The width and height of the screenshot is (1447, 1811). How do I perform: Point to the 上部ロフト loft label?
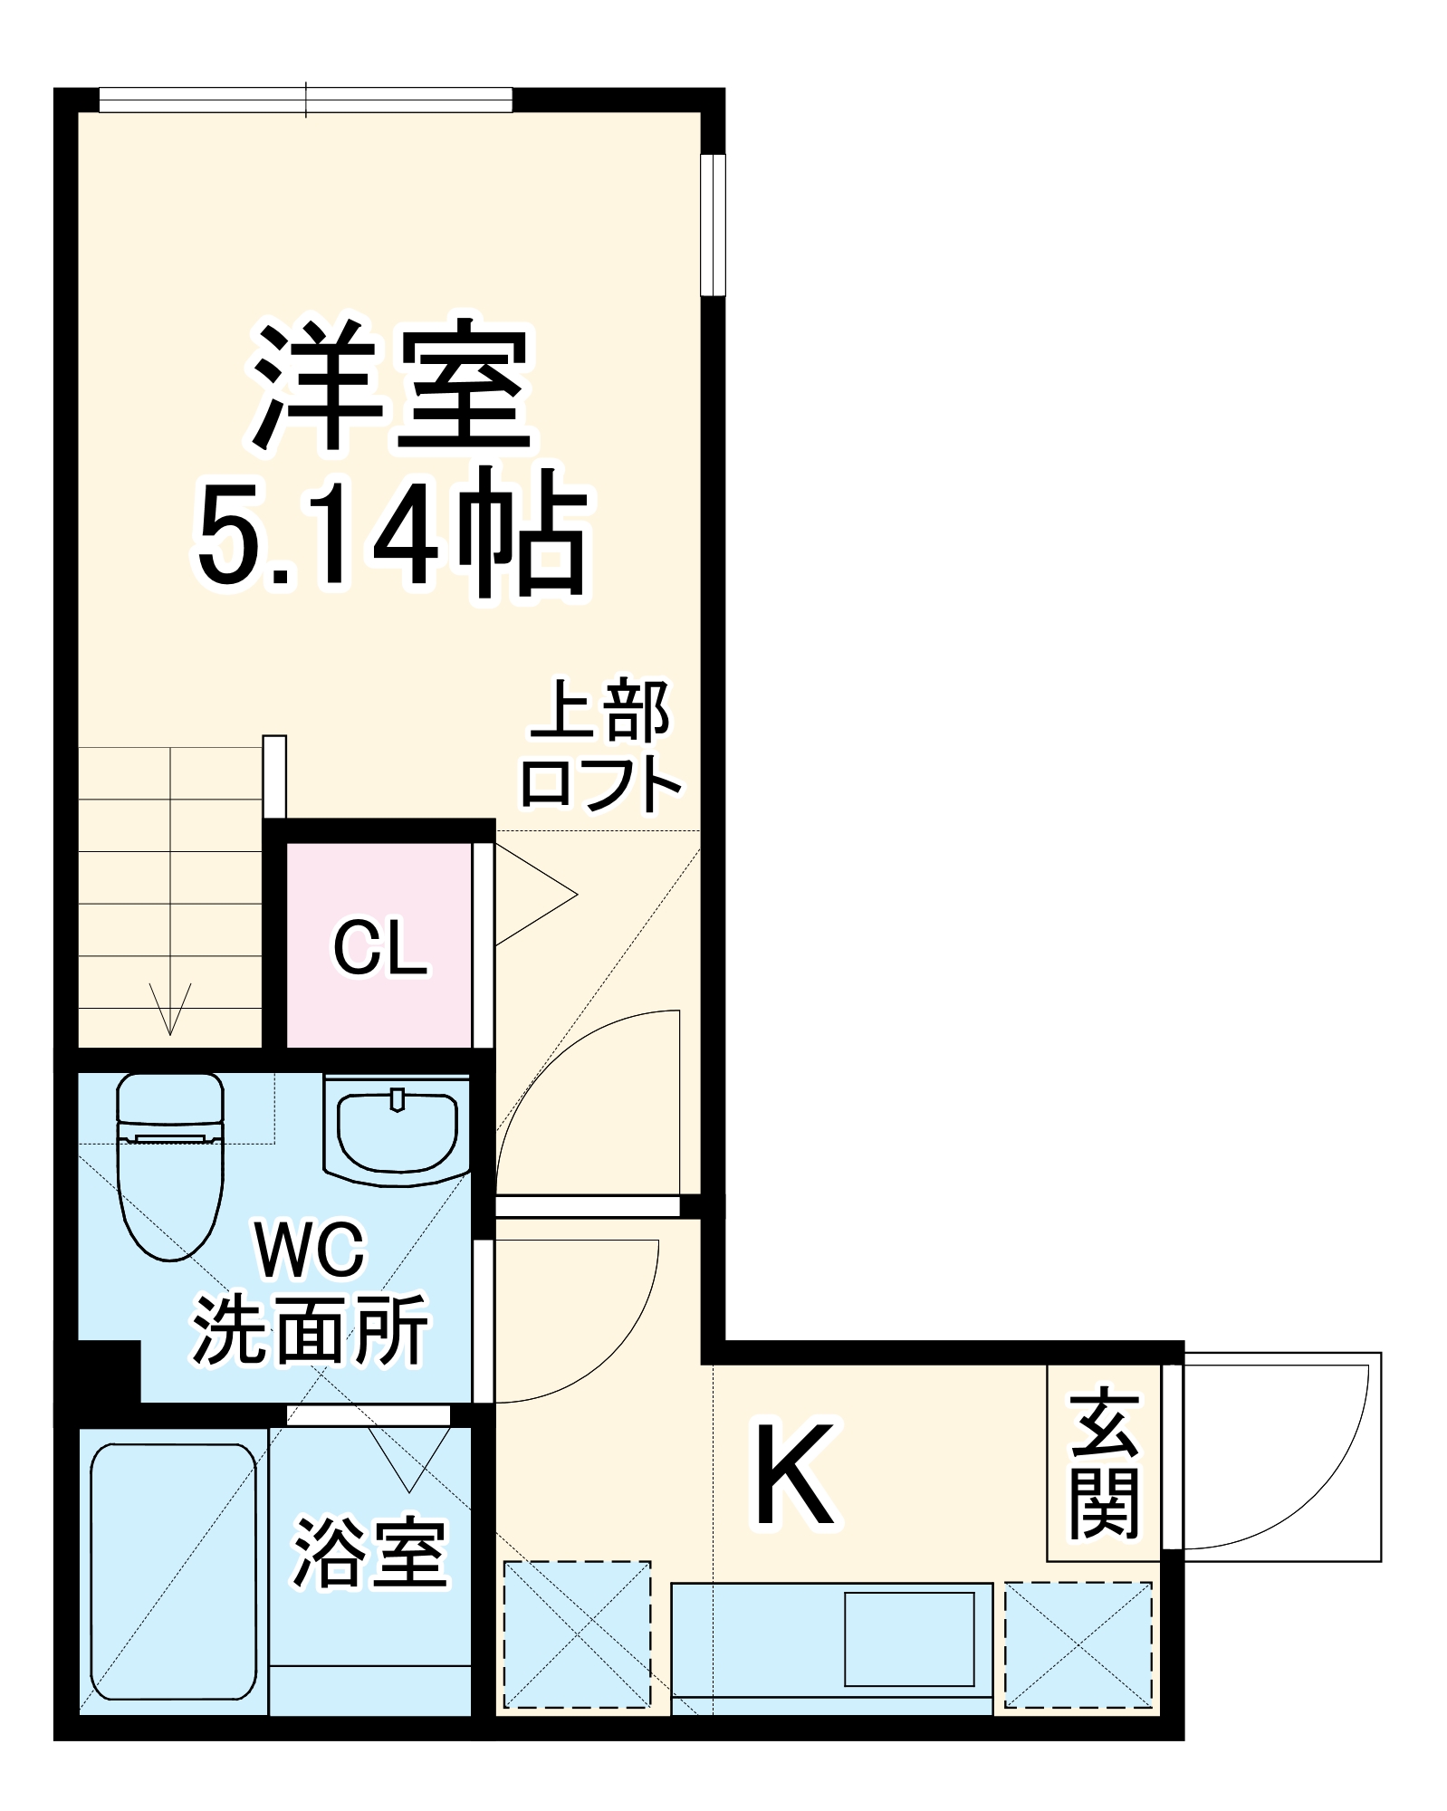(x=600, y=744)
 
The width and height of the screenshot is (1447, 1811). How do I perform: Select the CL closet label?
(x=379, y=948)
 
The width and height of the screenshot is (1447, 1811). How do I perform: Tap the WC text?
(x=311, y=1250)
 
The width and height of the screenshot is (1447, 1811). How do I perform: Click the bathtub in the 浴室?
(x=173, y=1572)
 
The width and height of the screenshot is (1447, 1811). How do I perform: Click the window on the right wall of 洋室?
(x=714, y=225)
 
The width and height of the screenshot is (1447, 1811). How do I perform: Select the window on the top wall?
(x=305, y=100)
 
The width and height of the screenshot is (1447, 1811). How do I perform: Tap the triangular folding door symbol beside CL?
(x=534, y=895)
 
